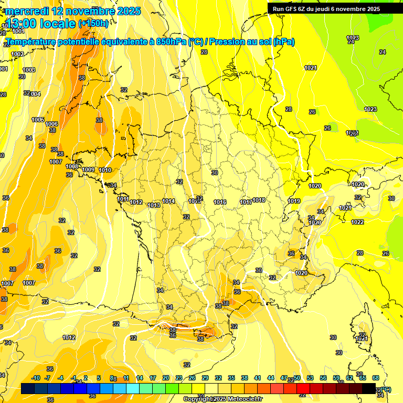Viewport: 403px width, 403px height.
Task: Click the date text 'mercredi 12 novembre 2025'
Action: tap(73, 11)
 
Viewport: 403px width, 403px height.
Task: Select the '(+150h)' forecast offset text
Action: tap(93, 24)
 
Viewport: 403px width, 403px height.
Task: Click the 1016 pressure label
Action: tap(220, 202)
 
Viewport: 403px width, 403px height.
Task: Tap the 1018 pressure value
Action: tap(259, 200)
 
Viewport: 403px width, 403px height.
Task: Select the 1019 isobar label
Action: tap(294, 201)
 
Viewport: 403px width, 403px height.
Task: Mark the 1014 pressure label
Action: tap(168, 201)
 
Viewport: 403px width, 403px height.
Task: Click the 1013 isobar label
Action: tap(154, 205)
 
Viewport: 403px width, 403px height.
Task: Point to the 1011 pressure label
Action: tap(123, 199)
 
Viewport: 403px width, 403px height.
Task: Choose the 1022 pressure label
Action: tap(357, 222)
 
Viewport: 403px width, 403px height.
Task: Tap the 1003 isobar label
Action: tap(29, 70)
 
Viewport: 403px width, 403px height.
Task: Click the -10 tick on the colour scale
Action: tap(36, 378)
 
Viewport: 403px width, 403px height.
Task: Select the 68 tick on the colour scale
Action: tap(376, 378)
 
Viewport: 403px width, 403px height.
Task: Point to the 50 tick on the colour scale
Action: tap(297, 378)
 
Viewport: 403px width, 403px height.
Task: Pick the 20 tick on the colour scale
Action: tap(166, 378)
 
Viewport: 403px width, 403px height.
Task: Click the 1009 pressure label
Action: tap(89, 169)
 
